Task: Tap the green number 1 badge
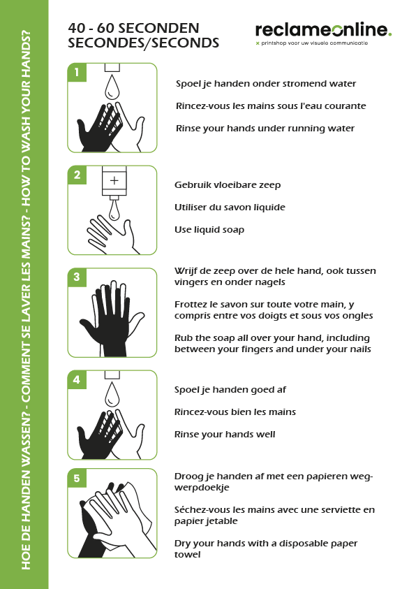pyautogui.click(x=77, y=72)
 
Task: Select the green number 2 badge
pyautogui.click(x=77, y=175)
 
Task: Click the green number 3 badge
pyautogui.click(x=77, y=277)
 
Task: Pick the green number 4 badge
pyautogui.click(x=77, y=380)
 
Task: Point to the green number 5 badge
pyautogui.click(x=77, y=478)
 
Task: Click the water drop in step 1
pyautogui.click(x=112, y=87)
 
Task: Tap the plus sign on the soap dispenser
pyautogui.click(x=114, y=180)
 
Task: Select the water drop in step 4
pyautogui.click(x=112, y=395)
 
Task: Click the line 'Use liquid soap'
pyautogui.click(x=209, y=229)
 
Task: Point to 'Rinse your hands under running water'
pyautogui.click(x=265, y=129)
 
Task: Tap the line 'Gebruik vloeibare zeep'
pyautogui.click(x=228, y=185)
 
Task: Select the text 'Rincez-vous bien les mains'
pyautogui.click(x=235, y=412)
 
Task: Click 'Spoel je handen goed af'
pyautogui.click(x=230, y=390)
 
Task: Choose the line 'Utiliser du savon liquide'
pyautogui.click(x=230, y=208)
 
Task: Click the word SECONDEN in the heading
pyautogui.click(x=159, y=28)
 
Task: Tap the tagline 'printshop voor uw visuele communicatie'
pyautogui.click(x=314, y=43)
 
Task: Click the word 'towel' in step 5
pyautogui.click(x=187, y=555)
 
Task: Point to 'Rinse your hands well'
pyautogui.click(x=225, y=435)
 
